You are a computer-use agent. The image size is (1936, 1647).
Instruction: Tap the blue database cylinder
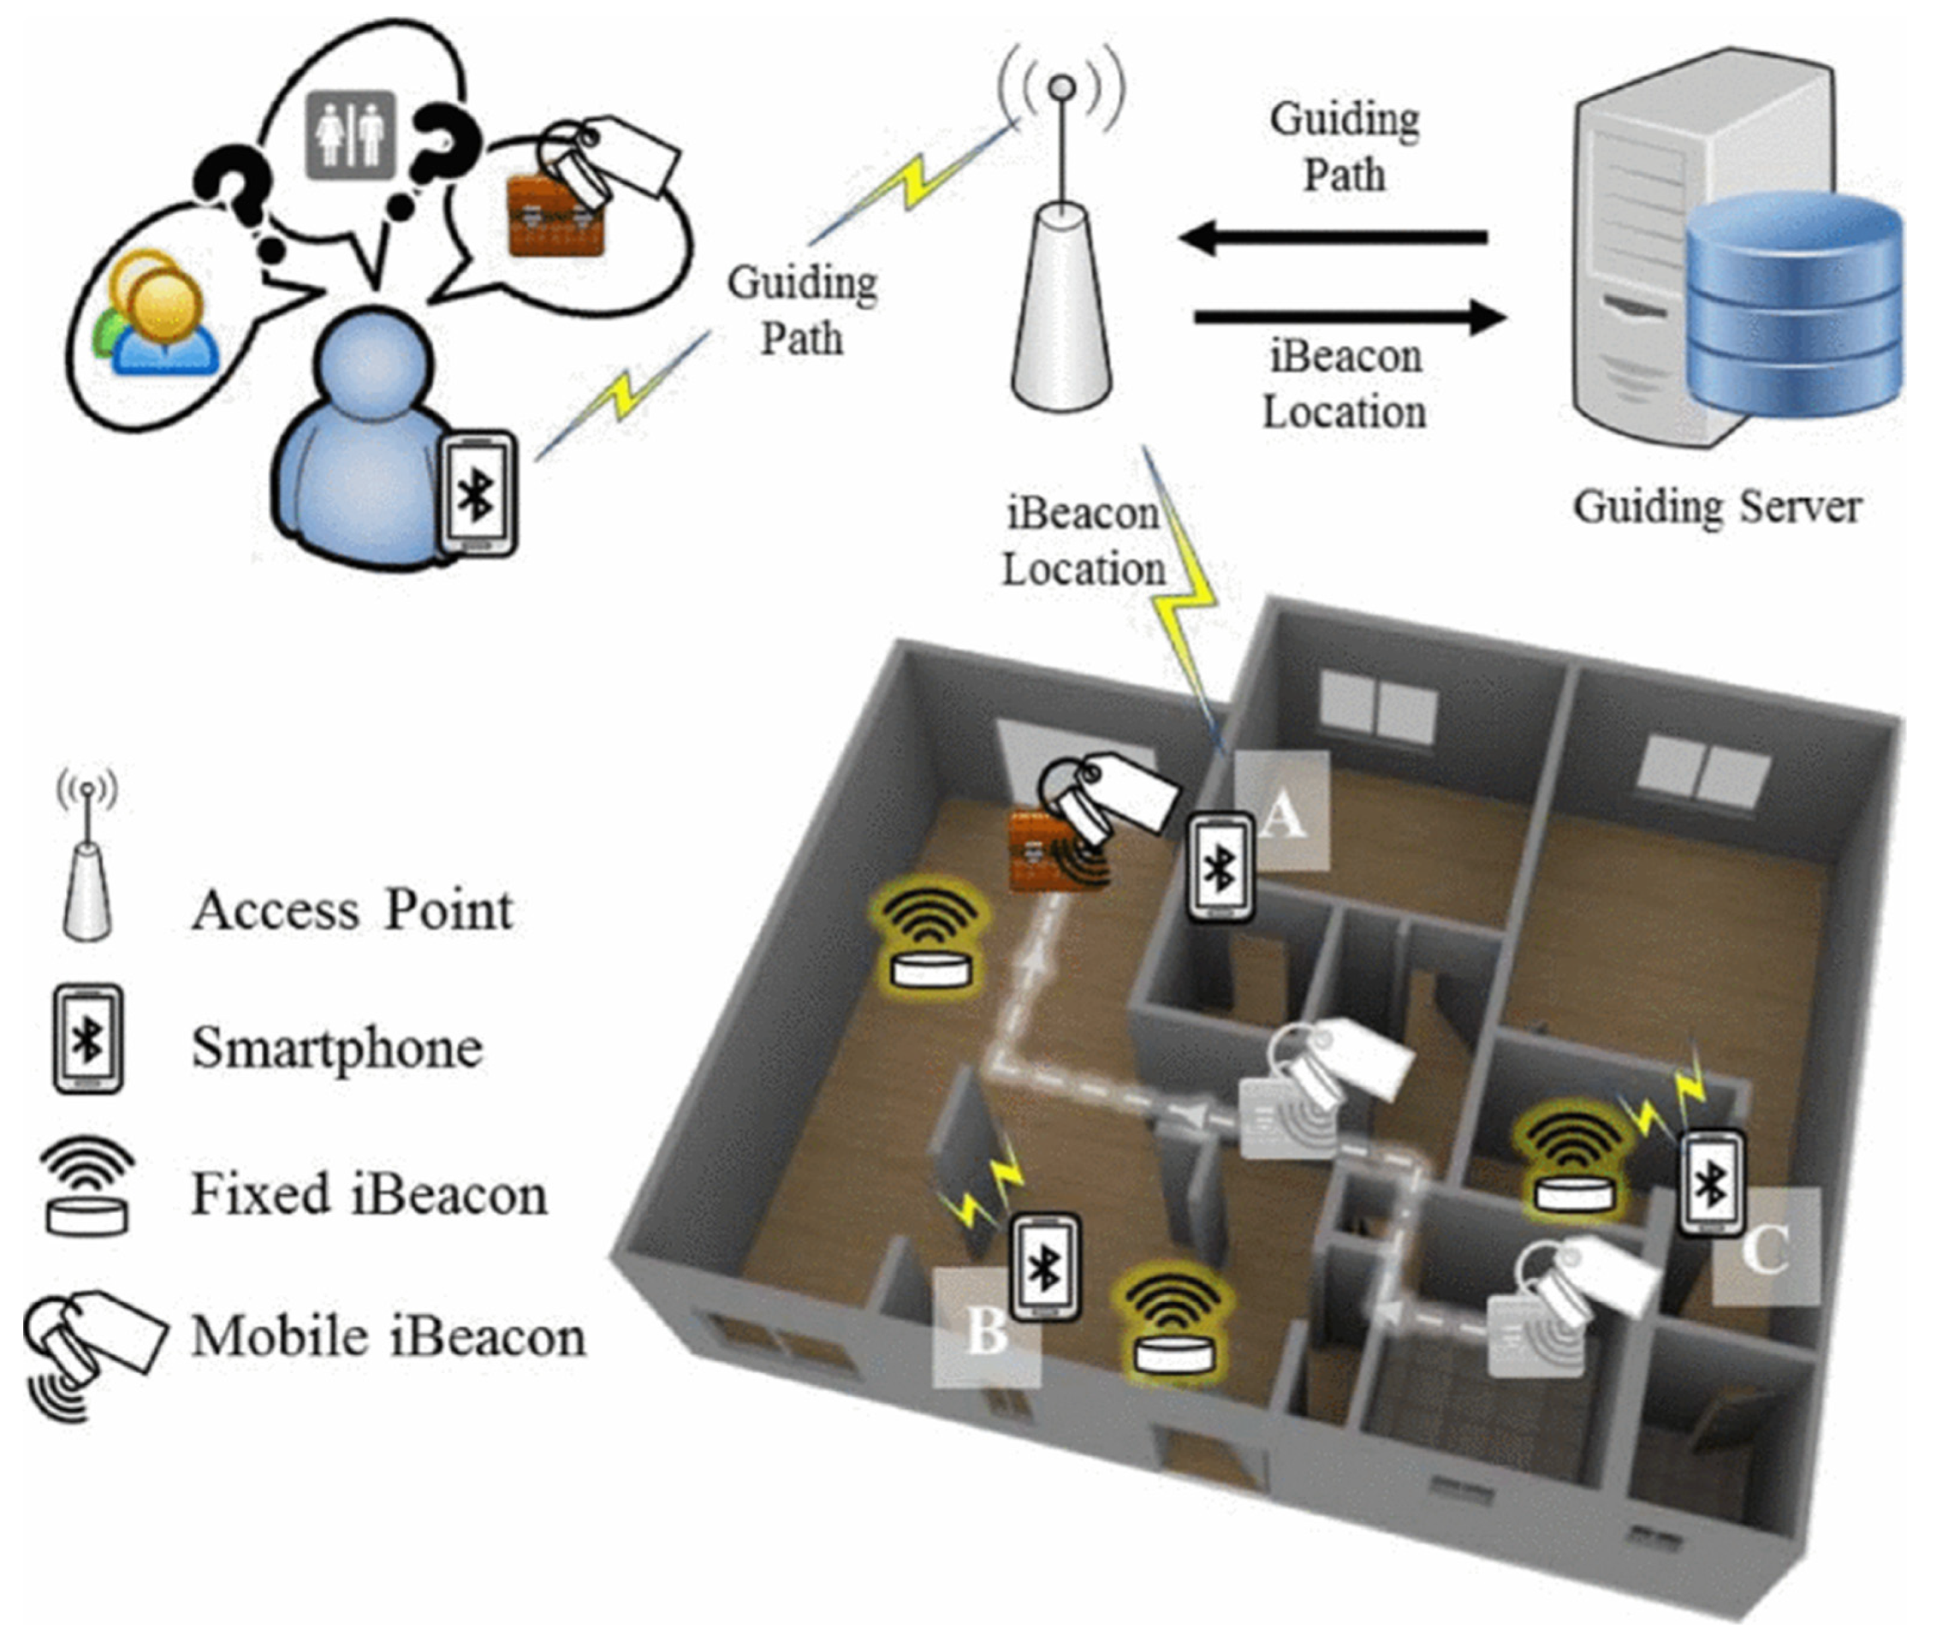[x=1793, y=308]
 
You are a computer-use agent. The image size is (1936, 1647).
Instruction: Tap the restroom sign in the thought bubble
[x=350, y=135]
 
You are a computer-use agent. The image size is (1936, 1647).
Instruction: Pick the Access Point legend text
[x=352, y=911]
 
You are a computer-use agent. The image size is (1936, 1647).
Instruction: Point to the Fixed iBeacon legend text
[x=369, y=1195]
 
